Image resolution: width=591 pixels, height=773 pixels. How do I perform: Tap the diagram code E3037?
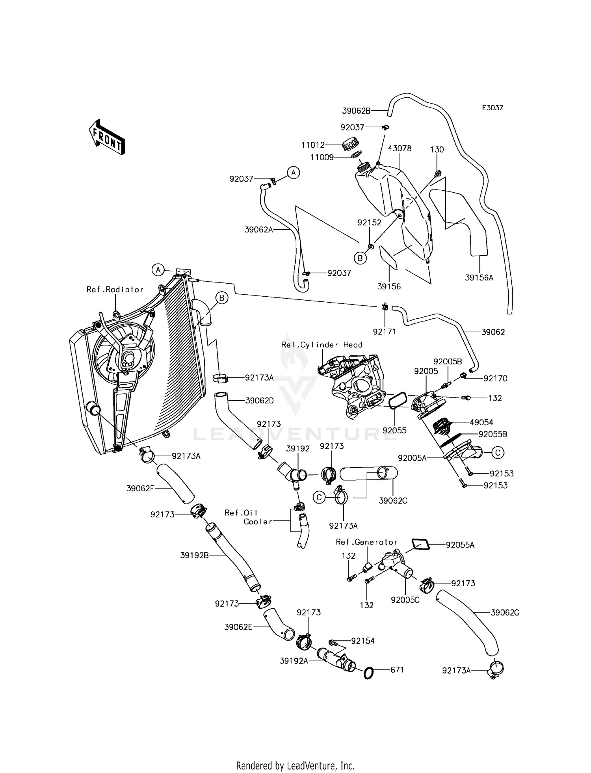click(x=492, y=108)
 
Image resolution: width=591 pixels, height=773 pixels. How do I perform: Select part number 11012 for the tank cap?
click(x=313, y=145)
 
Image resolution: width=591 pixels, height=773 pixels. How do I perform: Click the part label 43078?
click(x=400, y=148)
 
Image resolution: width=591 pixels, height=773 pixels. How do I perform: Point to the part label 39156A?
click(x=479, y=277)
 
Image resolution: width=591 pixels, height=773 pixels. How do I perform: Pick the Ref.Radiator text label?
click(x=115, y=290)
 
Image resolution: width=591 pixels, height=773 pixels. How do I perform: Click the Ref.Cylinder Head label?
click(x=322, y=345)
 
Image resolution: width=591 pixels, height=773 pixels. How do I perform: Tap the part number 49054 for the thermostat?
click(x=481, y=422)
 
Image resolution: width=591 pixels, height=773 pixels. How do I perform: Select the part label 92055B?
click(x=492, y=434)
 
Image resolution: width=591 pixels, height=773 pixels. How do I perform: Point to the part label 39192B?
click(x=194, y=556)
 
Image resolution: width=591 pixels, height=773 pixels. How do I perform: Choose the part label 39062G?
click(x=505, y=613)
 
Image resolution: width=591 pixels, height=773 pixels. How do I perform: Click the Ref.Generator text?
click(x=366, y=542)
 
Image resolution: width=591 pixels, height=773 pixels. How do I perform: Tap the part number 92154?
click(x=363, y=641)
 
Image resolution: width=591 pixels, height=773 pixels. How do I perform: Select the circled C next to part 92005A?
click(x=498, y=453)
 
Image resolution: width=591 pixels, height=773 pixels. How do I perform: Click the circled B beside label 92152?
click(x=360, y=258)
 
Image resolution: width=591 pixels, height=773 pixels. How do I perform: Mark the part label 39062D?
click(x=259, y=401)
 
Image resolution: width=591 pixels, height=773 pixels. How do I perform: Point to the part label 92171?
click(x=384, y=332)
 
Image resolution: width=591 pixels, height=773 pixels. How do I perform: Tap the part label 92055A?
click(x=460, y=545)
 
